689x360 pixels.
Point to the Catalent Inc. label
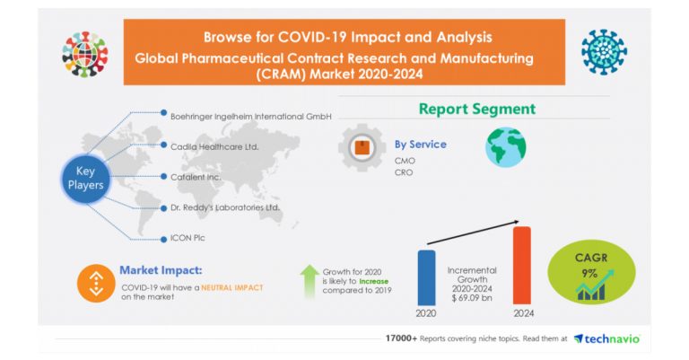(x=196, y=176)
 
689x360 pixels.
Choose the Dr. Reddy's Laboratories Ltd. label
(x=225, y=207)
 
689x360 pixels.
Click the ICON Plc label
(x=188, y=238)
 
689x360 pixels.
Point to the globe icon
(x=506, y=147)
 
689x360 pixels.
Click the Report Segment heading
(x=476, y=109)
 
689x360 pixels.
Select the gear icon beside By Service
(x=361, y=148)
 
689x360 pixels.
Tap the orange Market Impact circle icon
(x=95, y=281)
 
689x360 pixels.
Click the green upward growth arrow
(x=310, y=280)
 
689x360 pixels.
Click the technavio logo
(x=606, y=338)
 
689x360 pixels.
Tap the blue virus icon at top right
(x=604, y=52)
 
